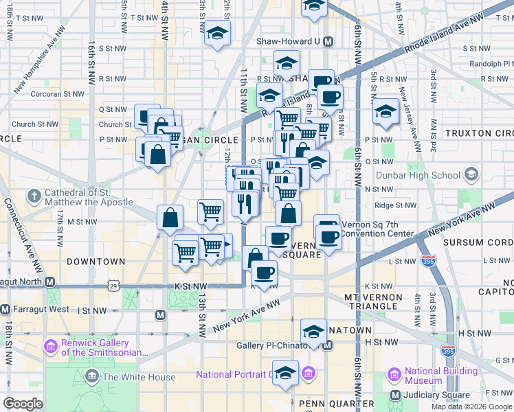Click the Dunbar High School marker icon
pyautogui.click(x=471, y=174)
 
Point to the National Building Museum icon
pyautogui.click(x=394, y=375)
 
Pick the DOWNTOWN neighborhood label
pyautogui.click(x=96, y=262)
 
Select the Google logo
pyautogui.click(x=23, y=403)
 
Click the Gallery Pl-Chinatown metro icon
pyautogui.click(x=328, y=345)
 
